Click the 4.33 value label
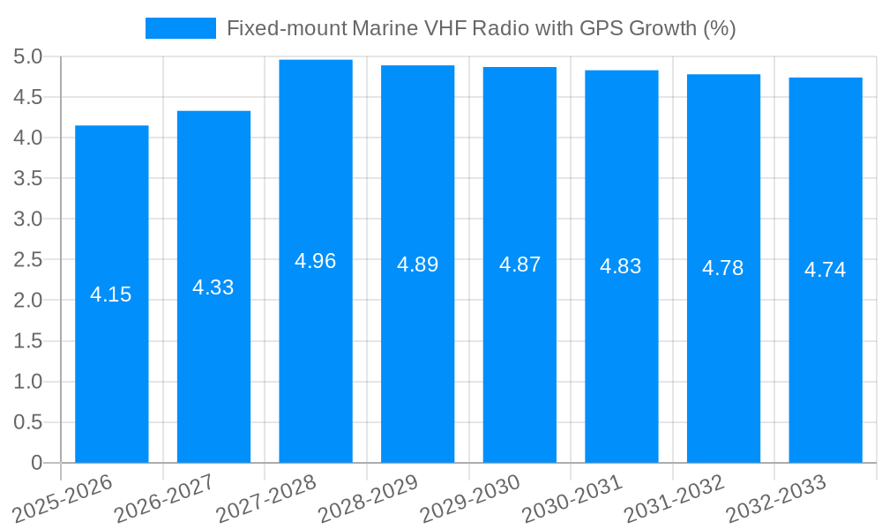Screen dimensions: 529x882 (213, 287)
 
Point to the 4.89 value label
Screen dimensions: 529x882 (417, 264)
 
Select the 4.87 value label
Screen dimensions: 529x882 (519, 264)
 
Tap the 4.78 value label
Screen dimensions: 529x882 (723, 268)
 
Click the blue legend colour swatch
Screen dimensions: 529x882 (180, 28)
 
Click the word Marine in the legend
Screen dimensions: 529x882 (384, 28)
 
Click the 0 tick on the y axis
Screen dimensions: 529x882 (36, 463)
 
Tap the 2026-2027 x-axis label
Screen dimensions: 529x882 (165, 499)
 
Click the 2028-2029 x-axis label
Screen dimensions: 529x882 (369, 499)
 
